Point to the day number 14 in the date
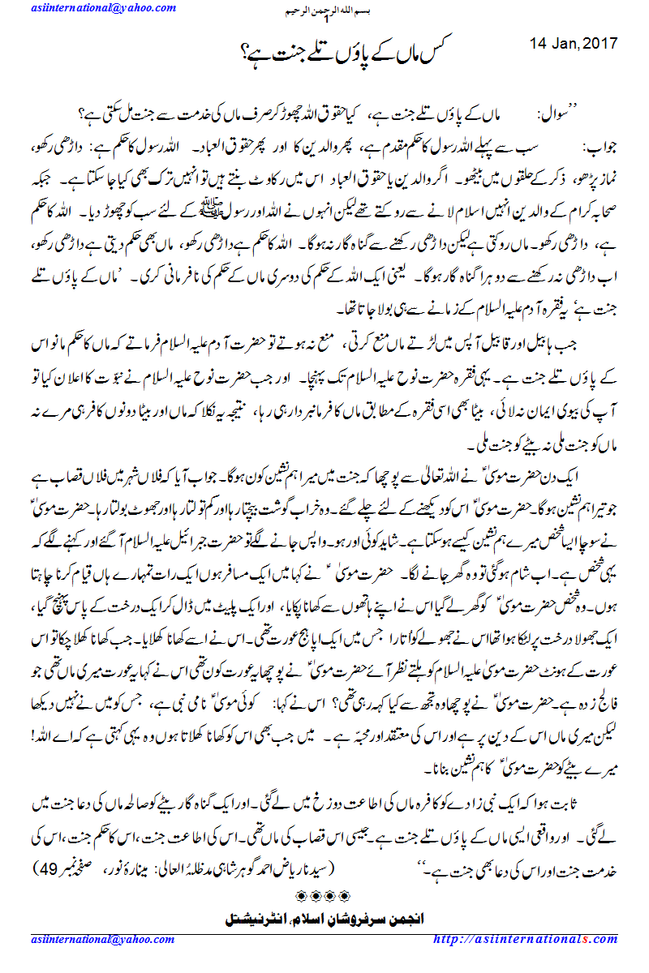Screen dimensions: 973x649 539,42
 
